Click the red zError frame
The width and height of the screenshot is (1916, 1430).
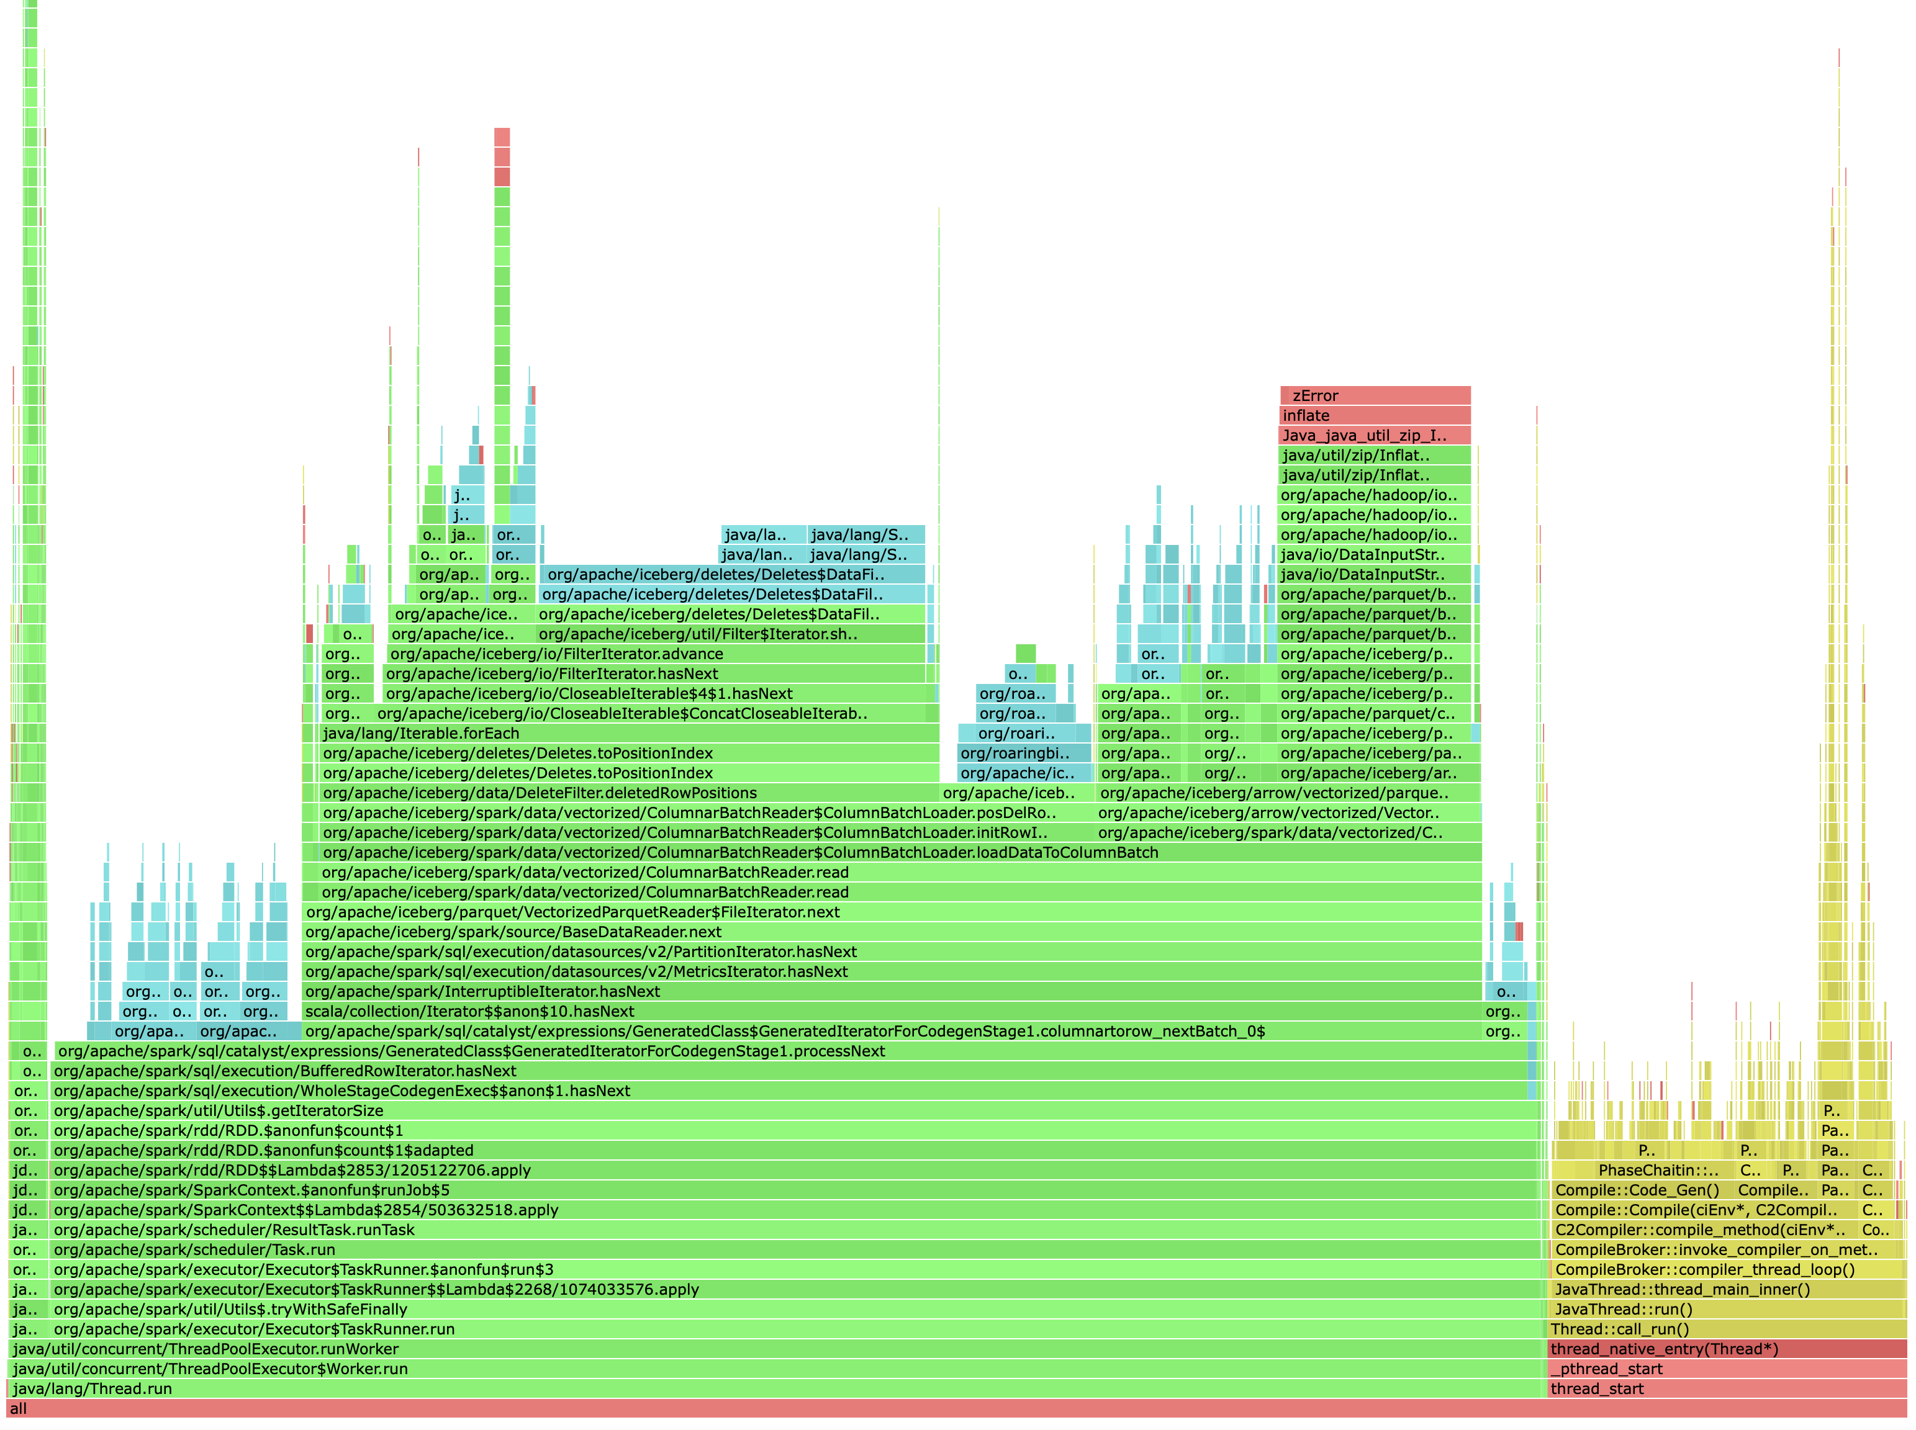coord(1374,395)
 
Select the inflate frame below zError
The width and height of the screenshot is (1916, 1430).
coord(1374,415)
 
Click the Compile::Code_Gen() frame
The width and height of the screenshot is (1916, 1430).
coord(1637,1190)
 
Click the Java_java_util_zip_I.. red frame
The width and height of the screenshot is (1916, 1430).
coord(1374,436)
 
